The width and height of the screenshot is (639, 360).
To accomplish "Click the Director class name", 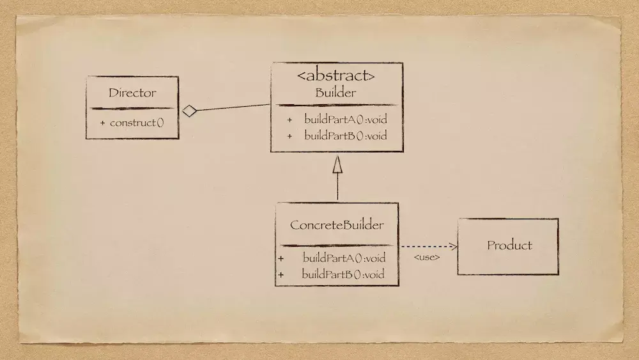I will pos(132,93).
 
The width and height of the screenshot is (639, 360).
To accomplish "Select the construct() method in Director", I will pos(136,123).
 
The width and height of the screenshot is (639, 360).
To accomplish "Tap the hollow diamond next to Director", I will pos(189,111).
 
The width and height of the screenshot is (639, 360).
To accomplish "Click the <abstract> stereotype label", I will pos(336,76).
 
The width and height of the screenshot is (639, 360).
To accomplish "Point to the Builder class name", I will pos(335,93).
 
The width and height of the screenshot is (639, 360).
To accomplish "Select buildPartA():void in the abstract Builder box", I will pos(345,120).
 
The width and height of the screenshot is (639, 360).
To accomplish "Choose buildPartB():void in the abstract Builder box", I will pos(345,136).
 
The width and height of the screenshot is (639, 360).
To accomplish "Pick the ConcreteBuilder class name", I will pos(337,225).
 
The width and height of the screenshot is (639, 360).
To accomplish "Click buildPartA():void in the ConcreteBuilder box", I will pos(344,258).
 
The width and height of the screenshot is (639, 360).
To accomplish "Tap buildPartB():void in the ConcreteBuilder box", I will pos(343,274).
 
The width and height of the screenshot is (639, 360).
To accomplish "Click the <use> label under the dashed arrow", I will pos(427,258).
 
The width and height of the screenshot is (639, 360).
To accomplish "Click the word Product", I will pos(509,246).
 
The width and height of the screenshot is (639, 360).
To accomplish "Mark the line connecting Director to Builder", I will pos(233,108).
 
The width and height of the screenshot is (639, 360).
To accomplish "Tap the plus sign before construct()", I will pos(102,123).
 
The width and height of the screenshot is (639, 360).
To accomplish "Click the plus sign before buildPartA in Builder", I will pos(289,120).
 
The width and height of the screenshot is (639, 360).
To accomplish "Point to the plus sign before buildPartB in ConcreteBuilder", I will pos(281,274).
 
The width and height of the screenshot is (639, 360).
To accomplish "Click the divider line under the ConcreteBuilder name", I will pos(337,245).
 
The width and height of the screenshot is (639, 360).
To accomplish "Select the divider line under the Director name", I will pos(132,109).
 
